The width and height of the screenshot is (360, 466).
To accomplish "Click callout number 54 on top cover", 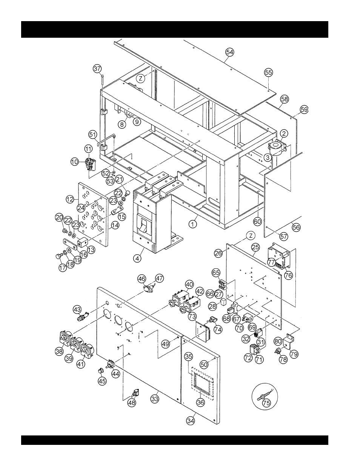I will (x=229, y=52).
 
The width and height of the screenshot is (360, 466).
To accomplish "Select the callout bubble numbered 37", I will (x=97, y=68).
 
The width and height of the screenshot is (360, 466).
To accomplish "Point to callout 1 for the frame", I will (x=193, y=223).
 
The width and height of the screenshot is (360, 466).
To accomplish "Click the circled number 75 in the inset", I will (x=266, y=403).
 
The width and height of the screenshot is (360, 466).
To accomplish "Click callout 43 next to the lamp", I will (x=77, y=309).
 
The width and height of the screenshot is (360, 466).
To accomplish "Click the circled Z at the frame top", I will (x=140, y=78).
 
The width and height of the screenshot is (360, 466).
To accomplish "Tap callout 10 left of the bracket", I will (x=75, y=161).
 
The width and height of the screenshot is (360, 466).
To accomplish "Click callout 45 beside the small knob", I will (x=102, y=381).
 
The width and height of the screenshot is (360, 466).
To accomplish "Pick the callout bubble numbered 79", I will (x=293, y=354).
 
